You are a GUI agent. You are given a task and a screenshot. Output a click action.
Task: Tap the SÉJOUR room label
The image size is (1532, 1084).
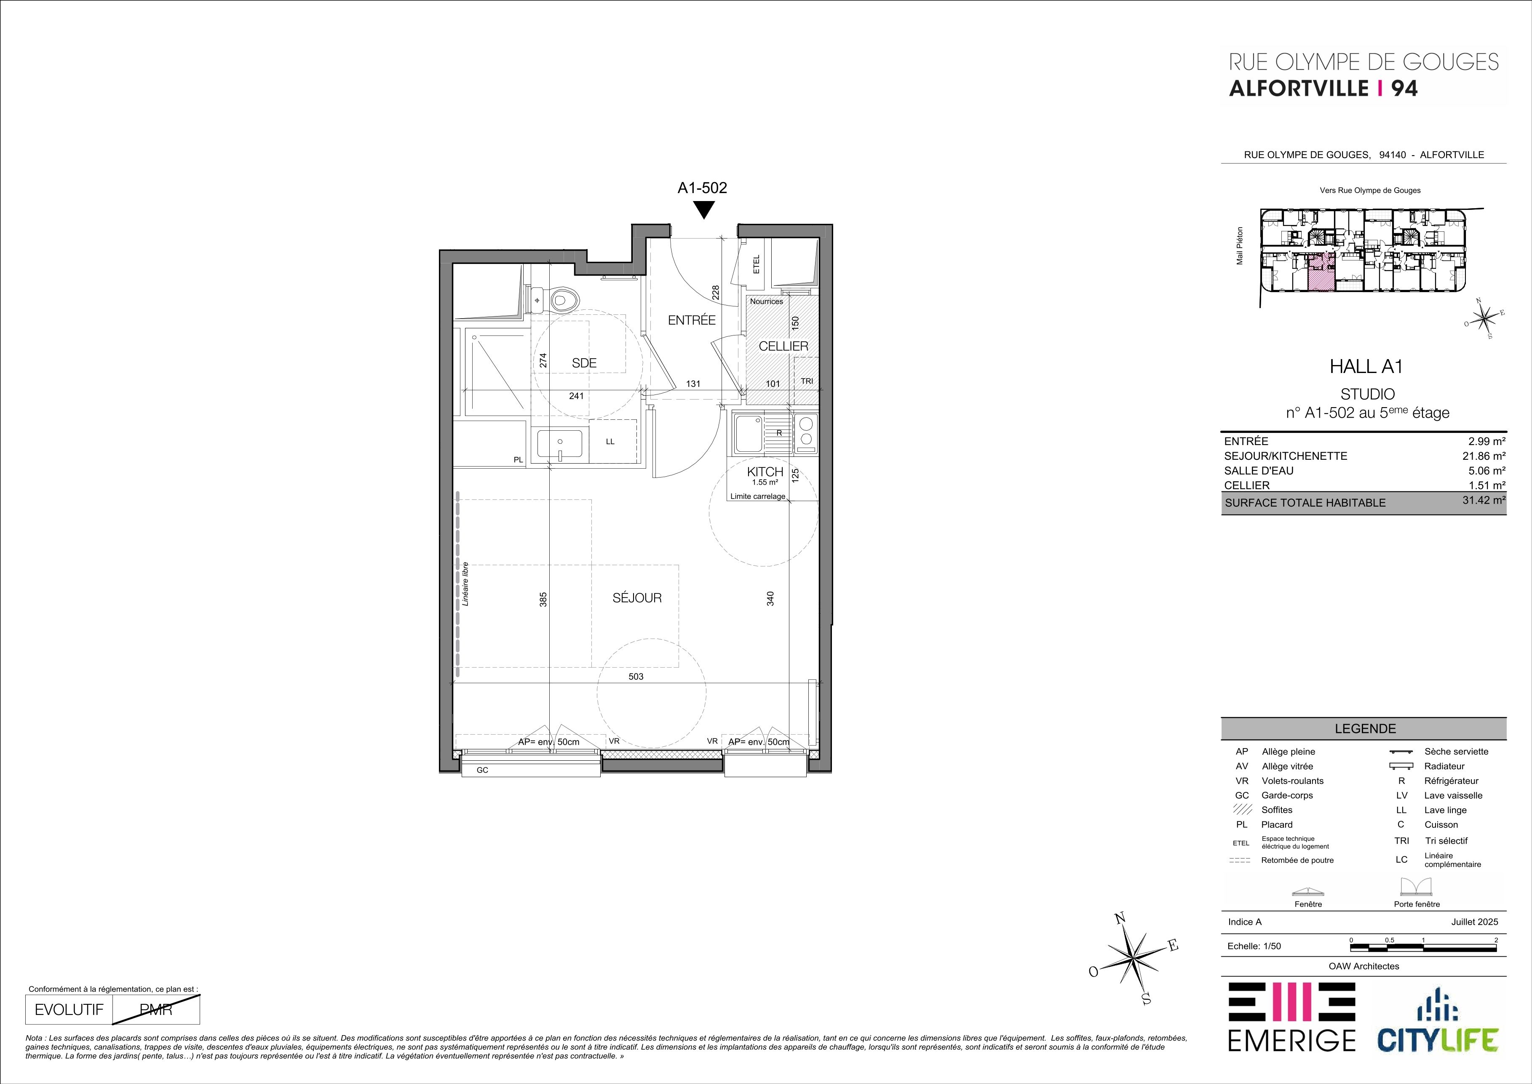click(637, 598)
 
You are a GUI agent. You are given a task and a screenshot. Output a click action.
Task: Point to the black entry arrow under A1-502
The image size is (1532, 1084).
click(704, 210)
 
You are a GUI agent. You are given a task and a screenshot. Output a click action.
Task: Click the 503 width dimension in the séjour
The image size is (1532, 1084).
click(636, 676)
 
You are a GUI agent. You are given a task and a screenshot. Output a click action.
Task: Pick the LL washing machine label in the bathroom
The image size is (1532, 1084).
click(610, 441)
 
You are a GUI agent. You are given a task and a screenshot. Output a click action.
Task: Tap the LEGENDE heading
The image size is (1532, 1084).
click(1365, 729)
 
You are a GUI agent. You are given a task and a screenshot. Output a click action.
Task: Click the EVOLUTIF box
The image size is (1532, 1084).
click(69, 1009)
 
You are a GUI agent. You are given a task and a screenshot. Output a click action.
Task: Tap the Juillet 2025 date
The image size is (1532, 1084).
click(1475, 922)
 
